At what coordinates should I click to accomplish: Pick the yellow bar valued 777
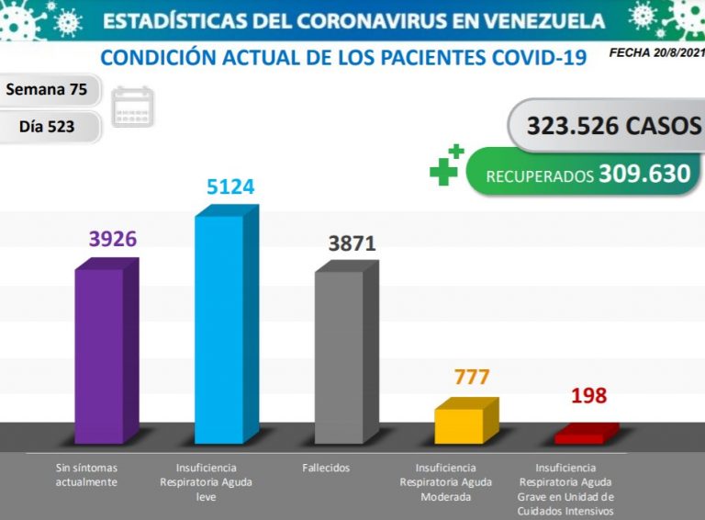pyautogui.click(x=459, y=424)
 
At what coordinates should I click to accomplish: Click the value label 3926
pyautogui.click(x=113, y=239)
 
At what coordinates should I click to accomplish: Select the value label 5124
pyautogui.click(x=229, y=187)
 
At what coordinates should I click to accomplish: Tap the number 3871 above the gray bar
pyautogui.click(x=352, y=243)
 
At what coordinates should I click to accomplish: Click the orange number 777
pyautogui.click(x=472, y=378)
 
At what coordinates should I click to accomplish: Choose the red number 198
pyautogui.click(x=588, y=397)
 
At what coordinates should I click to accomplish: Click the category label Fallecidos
pyautogui.click(x=326, y=469)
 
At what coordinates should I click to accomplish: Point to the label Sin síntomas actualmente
pyautogui.click(x=87, y=475)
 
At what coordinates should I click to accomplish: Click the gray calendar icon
pyautogui.click(x=133, y=107)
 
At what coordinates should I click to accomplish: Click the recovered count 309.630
pyautogui.click(x=644, y=174)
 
